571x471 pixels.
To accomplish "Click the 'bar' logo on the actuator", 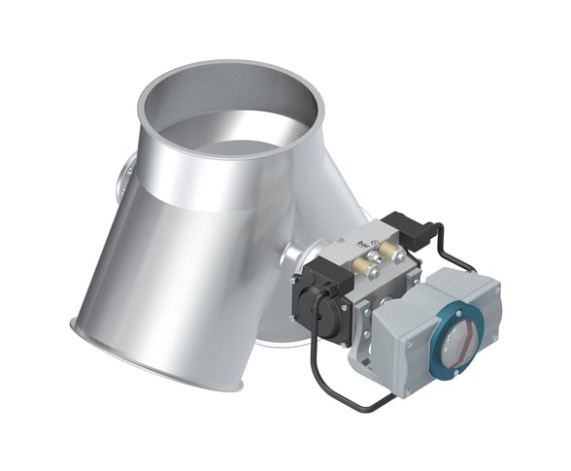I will pos(363,234).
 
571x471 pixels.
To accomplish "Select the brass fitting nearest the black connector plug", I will pos(397,253).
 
